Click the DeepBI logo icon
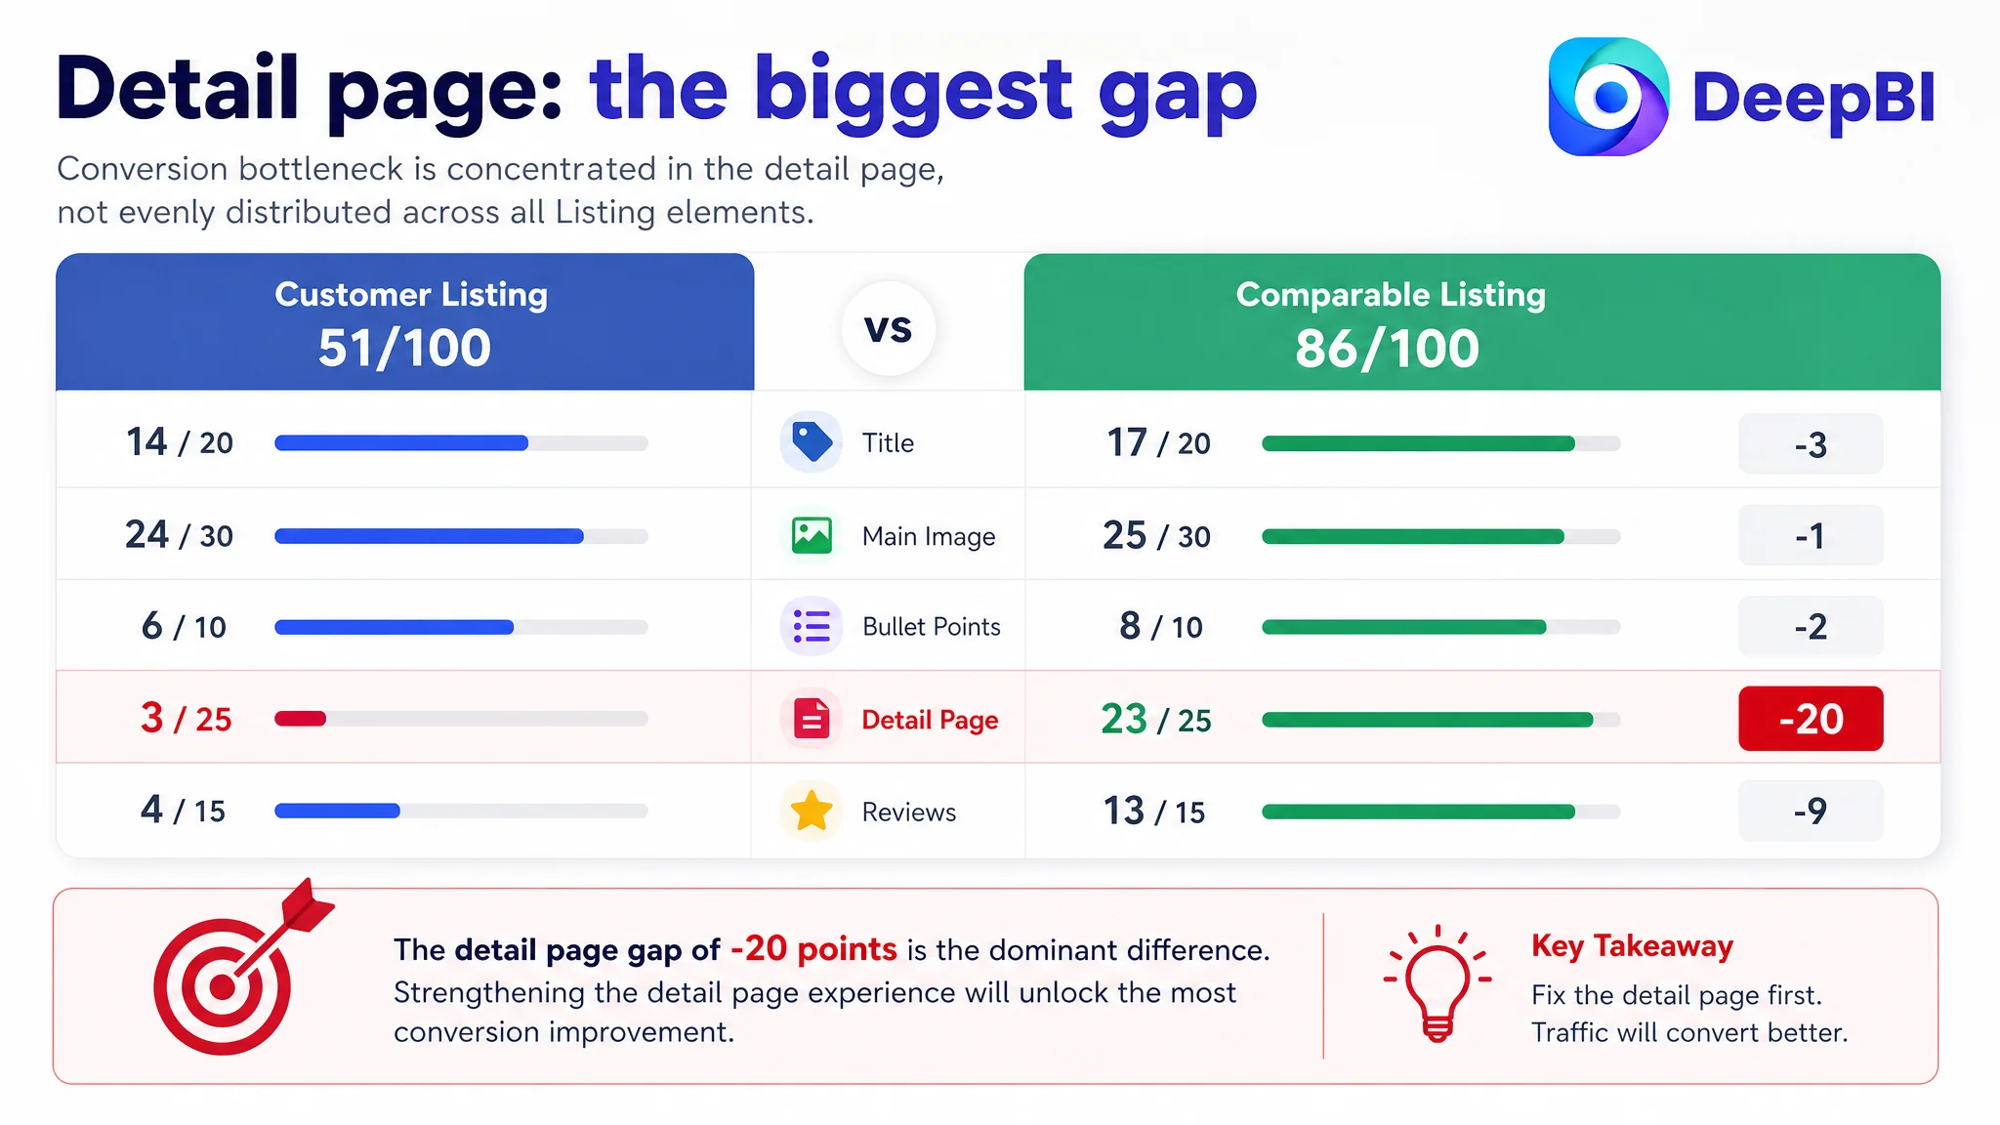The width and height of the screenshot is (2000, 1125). pos(1608,97)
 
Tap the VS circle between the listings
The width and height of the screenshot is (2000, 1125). pos(888,328)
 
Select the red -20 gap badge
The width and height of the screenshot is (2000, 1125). pos(1811,719)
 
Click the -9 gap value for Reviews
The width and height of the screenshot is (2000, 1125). pos(1811,811)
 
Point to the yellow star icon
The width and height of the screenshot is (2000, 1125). pos(812,811)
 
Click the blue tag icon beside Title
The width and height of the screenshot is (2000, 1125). pos(812,442)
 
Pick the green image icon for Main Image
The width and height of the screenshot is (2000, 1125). pos(812,535)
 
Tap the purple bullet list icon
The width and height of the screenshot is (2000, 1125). pos(812,626)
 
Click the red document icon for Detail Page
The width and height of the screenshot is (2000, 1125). pos(812,720)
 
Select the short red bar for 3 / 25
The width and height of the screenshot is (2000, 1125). pos(300,719)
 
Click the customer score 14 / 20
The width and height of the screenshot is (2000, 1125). pos(180,442)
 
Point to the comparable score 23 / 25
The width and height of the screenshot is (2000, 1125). pos(1156,720)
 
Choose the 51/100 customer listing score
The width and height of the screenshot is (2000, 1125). pos(404,348)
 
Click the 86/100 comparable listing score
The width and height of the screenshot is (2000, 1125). pos(1387,349)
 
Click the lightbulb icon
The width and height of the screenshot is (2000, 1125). pos(1437,982)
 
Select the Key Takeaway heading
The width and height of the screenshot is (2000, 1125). pos(1632,946)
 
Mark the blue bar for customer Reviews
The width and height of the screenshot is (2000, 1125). pos(337,811)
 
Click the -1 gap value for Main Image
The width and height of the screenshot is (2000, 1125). pos(1811,535)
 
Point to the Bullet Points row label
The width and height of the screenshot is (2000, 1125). pos(932,627)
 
